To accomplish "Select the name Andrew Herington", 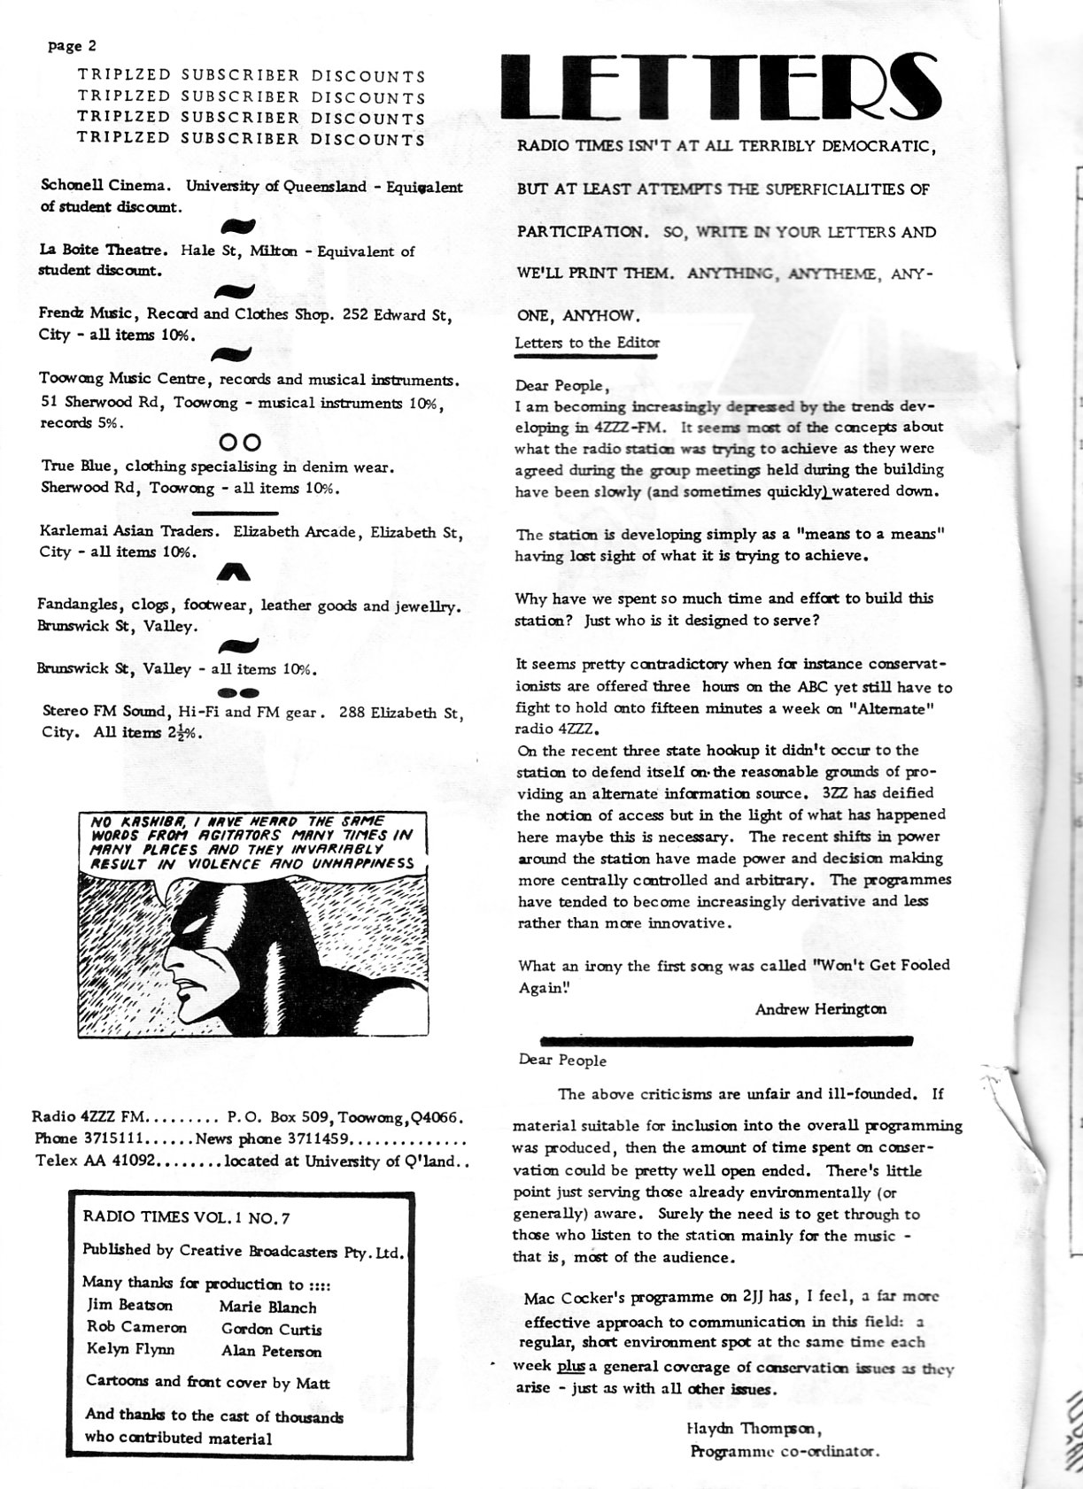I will (x=820, y=1008).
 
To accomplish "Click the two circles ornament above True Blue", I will (x=239, y=441).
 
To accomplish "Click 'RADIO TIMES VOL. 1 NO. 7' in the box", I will (x=186, y=1217).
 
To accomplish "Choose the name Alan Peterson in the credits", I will (x=271, y=1351).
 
